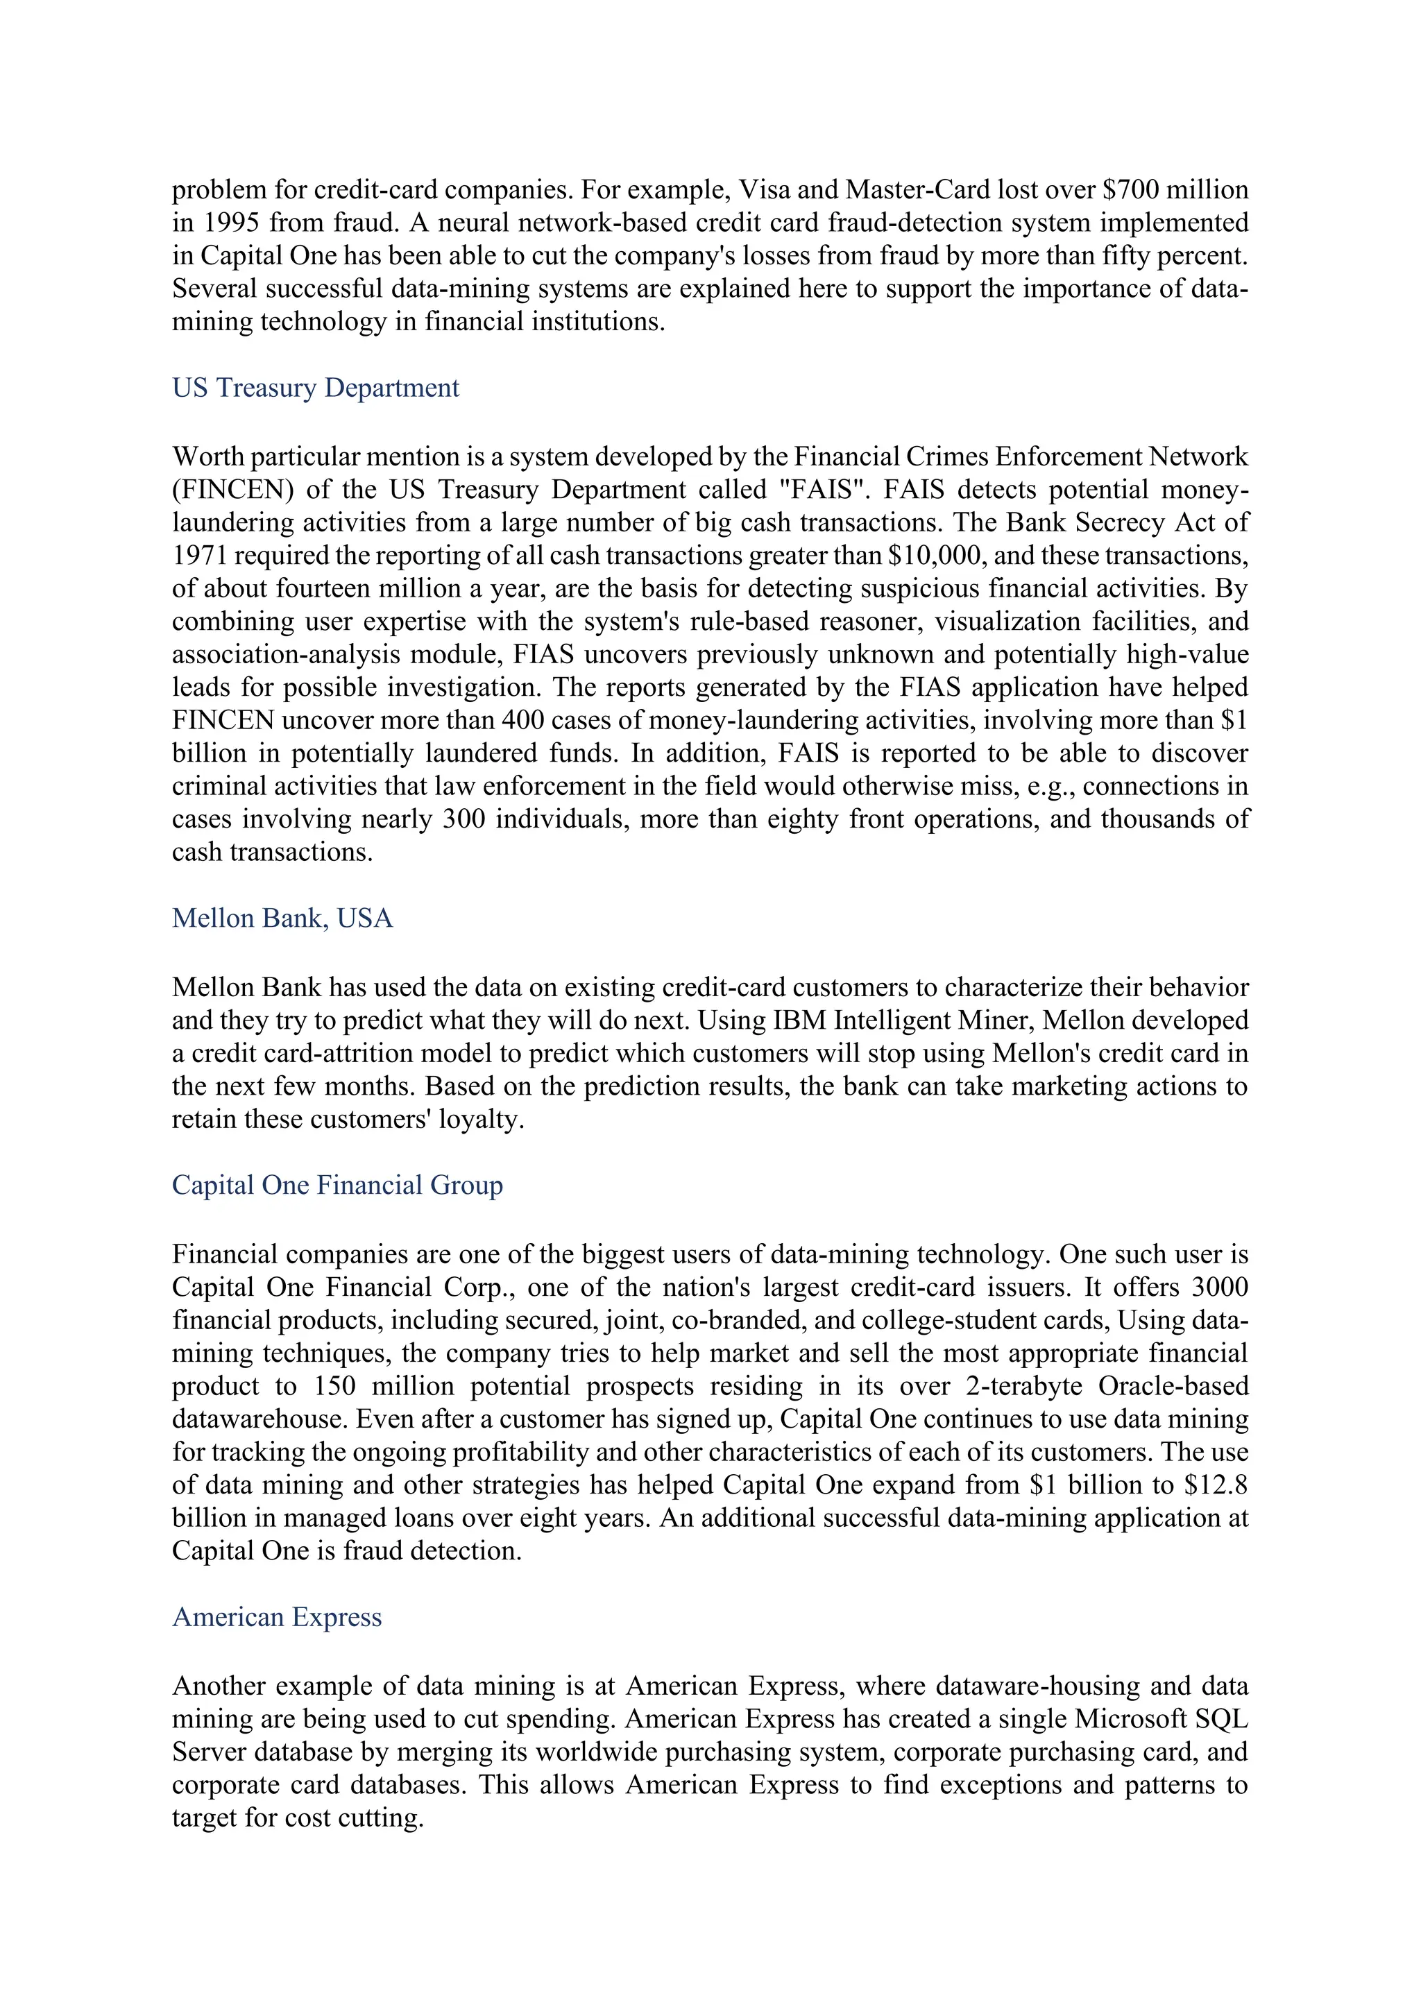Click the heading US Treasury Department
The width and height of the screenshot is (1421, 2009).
[x=315, y=388]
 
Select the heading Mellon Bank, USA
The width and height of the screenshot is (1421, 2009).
[x=282, y=918]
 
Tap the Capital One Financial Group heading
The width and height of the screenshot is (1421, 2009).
[x=337, y=1185]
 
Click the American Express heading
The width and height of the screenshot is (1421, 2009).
[x=277, y=1616]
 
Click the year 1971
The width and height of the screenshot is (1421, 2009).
[x=200, y=556]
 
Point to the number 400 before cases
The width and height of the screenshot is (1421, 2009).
[x=523, y=720]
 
